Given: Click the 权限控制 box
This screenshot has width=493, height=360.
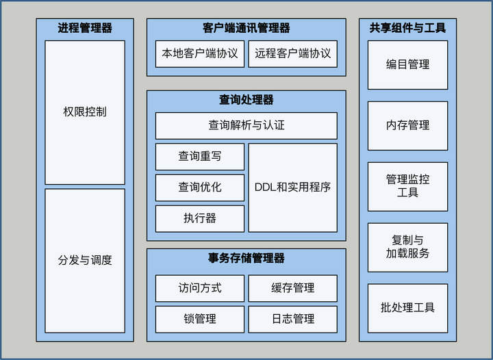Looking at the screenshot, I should [x=85, y=112].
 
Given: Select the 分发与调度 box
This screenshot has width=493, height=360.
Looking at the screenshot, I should [x=85, y=261].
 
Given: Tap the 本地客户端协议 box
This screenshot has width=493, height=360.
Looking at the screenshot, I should [x=199, y=53].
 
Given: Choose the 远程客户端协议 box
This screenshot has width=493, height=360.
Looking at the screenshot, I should [x=292, y=53].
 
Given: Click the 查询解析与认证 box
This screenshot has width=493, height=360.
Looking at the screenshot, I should [x=246, y=126].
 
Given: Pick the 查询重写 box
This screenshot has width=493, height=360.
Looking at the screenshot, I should [x=199, y=156].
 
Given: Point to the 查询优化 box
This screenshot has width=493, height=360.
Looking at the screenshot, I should [x=199, y=188].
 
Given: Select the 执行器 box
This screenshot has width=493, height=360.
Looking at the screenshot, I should [x=199, y=218].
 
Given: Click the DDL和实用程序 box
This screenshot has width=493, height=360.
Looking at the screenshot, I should [x=292, y=188].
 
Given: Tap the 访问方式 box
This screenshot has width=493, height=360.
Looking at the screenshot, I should [x=199, y=288].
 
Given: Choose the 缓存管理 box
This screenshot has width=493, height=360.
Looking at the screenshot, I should [x=292, y=288].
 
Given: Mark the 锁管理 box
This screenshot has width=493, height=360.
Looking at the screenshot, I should [x=199, y=319].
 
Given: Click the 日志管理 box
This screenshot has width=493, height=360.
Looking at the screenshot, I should [x=292, y=319].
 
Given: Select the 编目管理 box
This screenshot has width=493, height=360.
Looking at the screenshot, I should [x=407, y=64].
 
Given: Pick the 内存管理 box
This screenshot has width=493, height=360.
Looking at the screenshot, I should [x=407, y=125].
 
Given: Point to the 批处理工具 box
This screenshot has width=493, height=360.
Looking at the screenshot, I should [x=407, y=308].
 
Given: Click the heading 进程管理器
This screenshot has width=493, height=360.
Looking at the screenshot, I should [x=85, y=29].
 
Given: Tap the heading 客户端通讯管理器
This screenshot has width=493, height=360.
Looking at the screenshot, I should [x=246, y=29].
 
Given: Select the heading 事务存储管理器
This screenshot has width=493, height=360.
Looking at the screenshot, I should [x=246, y=259].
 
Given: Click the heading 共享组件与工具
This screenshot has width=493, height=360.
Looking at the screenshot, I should [x=407, y=29].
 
